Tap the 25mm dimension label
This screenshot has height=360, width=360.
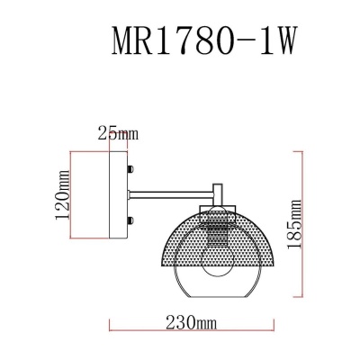click(118, 134)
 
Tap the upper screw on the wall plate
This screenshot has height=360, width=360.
click(133, 168)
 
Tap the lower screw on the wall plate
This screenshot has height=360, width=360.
click(133, 220)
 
